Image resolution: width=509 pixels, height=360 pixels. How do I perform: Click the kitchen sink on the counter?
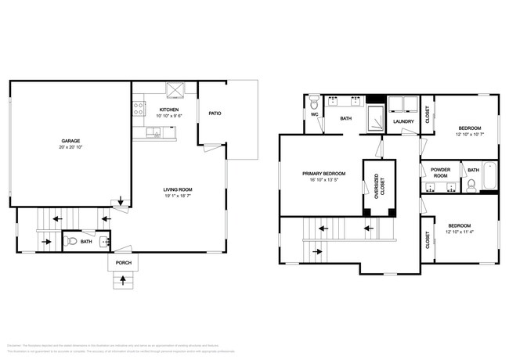[x=157, y=134]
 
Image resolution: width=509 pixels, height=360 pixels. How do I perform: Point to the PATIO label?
[x=214, y=113]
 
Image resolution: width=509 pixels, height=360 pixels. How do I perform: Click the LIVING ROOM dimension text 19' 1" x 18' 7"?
[x=178, y=196]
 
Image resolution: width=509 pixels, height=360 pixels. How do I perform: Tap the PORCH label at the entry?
[x=124, y=263]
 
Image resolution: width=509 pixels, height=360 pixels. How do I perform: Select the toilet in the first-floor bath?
[x=73, y=242]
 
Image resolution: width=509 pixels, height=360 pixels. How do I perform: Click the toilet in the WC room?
[x=314, y=103]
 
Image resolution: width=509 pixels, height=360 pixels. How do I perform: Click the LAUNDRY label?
[x=403, y=121]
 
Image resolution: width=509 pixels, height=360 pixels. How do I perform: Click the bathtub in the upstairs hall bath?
[x=490, y=178]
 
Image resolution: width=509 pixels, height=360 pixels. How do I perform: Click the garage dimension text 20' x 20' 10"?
[x=71, y=148]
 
